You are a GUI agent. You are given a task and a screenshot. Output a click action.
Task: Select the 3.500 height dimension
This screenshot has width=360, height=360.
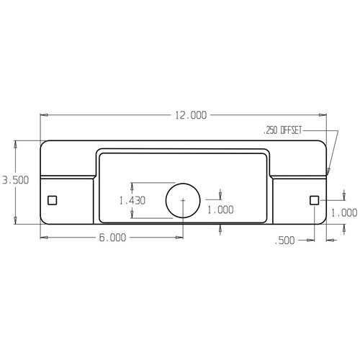15,181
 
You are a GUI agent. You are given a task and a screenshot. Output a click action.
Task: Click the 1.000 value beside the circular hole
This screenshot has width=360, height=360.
220,210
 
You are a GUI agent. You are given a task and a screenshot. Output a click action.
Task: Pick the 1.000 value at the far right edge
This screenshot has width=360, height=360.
344,212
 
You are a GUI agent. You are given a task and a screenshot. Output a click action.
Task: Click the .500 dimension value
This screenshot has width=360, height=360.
285,242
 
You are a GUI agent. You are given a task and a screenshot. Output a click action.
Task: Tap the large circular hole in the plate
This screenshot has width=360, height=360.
183,200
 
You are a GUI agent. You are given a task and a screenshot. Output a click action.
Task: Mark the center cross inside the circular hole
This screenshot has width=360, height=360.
183,200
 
